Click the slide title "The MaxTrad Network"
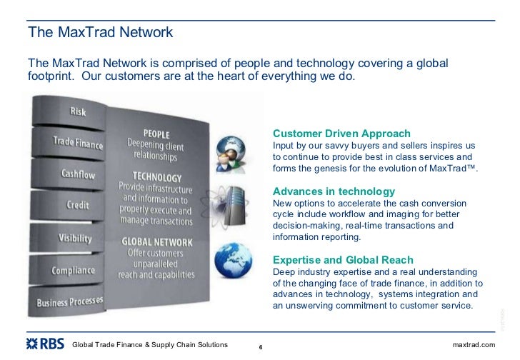[x=100, y=33]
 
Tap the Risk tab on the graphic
[x=79, y=111]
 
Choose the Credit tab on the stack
[x=78, y=205]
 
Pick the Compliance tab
[x=73, y=271]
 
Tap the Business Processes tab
[x=69, y=301]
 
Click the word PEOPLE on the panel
[x=156, y=133]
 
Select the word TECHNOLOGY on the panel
[x=156, y=176]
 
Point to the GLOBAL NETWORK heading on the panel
[x=156, y=241]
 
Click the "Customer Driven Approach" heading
[x=341, y=134]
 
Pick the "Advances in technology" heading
[x=334, y=191]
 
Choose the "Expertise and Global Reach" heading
[x=343, y=260]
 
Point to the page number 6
[x=260, y=348]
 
